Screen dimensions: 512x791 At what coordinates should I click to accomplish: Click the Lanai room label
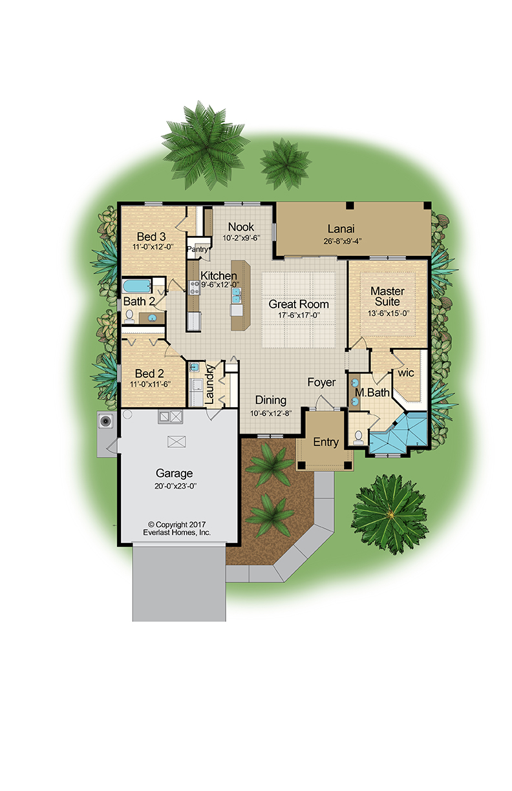coord(341,229)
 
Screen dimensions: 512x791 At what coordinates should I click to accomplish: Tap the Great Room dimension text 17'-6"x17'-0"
coord(299,315)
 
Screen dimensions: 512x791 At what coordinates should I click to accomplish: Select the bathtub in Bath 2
coord(137,286)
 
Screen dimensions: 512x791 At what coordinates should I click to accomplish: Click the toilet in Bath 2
coord(129,317)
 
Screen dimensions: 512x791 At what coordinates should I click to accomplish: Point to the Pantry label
coord(198,249)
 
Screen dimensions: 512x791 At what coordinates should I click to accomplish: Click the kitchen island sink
coord(237,295)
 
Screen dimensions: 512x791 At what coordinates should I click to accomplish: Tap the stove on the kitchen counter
coord(195,288)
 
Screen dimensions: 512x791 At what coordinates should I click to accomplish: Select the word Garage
coord(174,473)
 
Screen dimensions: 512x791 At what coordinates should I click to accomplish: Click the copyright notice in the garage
coord(176,529)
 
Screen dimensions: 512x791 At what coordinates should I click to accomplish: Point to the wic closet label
coord(405,373)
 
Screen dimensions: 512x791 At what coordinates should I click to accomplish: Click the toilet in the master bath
coord(358,437)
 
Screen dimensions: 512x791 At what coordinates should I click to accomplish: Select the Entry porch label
coord(326,442)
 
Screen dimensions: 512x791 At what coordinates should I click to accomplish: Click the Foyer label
coord(321,383)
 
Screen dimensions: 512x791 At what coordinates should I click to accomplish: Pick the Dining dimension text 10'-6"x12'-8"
coord(271,413)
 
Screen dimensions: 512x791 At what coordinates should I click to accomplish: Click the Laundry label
coord(209,385)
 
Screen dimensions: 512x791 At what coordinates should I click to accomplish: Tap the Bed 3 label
coord(151,237)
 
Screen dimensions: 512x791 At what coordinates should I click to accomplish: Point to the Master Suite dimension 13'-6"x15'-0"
coord(388,313)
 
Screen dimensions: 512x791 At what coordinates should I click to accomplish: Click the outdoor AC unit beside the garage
coord(105,421)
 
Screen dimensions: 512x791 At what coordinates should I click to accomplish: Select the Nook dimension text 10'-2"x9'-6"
coord(241,238)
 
